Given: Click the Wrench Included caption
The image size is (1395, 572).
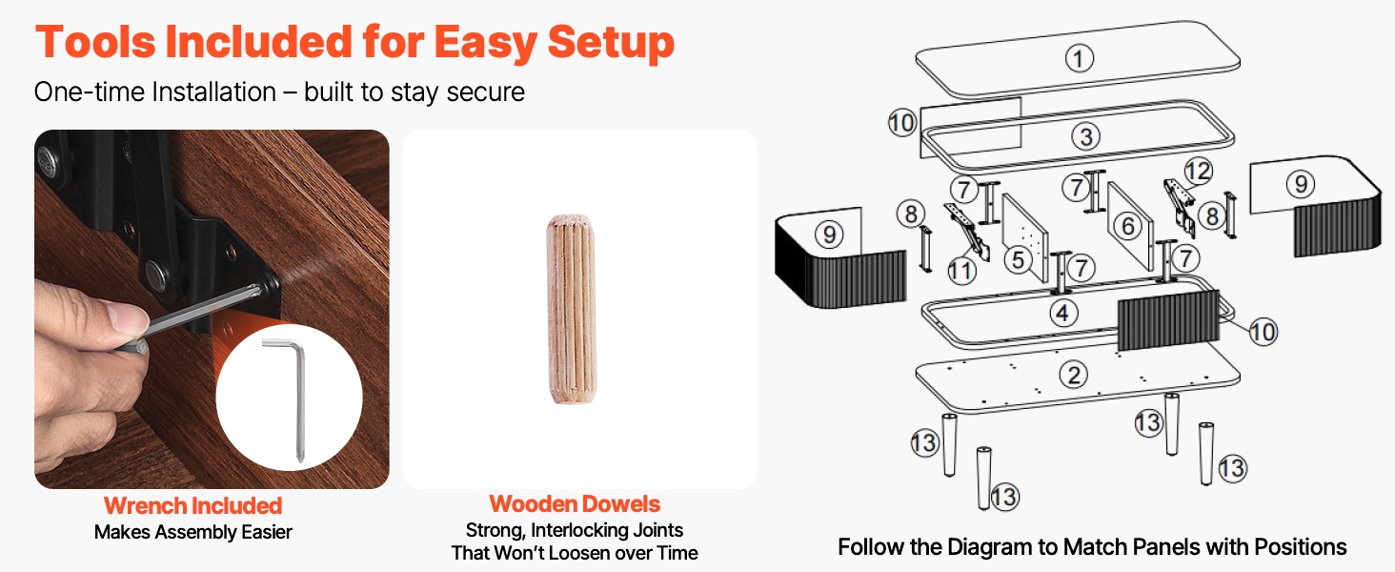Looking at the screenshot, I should click(x=192, y=505).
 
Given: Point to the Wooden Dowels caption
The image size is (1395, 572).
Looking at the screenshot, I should click(x=575, y=504).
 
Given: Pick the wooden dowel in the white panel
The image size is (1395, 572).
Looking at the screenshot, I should click(x=572, y=311).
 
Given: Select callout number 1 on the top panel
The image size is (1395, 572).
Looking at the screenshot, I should click(x=1079, y=59).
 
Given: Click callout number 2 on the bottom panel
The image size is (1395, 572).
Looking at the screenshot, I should click(x=1074, y=375).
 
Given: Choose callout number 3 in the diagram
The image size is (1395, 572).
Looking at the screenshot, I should click(x=1085, y=136).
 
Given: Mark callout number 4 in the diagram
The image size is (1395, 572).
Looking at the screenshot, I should click(x=1063, y=312).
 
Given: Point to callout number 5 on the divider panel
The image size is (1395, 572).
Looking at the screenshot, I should click(x=1018, y=258).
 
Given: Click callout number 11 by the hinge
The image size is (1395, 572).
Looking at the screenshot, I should click(x=962, y=271).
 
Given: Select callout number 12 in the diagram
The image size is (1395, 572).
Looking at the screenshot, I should click(x=1198, y=172).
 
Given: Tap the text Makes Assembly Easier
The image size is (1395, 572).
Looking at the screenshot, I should click(x=192, y=532).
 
